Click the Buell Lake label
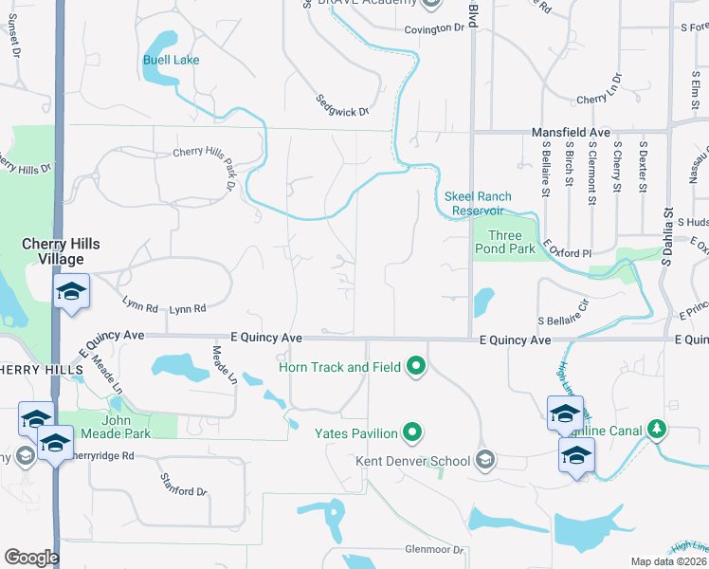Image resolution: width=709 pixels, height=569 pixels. tap(171, 60)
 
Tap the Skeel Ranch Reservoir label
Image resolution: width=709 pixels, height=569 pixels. tap(478, 203)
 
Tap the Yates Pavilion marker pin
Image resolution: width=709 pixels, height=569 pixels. tap(412, 433)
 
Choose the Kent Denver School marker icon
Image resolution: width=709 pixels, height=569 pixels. tap(485, 461)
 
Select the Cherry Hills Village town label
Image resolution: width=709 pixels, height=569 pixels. tap(61, 251)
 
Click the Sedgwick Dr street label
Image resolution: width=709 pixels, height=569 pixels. tap(342, 111)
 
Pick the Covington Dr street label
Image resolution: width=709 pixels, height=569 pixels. tap(435, 28)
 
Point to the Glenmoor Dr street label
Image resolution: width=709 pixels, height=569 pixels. tap(434, 550)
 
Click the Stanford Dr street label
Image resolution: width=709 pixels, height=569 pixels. tap(183, 491)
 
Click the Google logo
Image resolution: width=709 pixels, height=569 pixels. tap(31, 558)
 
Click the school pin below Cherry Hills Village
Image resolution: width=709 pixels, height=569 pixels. tap(70, 293)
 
